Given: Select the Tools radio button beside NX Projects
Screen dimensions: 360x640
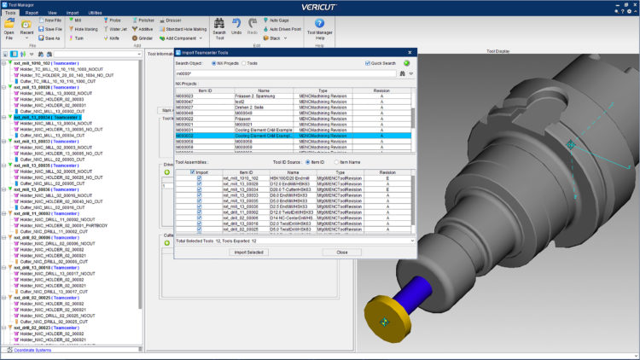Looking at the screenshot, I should [243, 62].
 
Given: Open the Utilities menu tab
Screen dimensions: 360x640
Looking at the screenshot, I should [95, 14].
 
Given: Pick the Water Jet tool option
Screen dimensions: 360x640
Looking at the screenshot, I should [118, 28].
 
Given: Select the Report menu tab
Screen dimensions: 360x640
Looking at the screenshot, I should [32, 14].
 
